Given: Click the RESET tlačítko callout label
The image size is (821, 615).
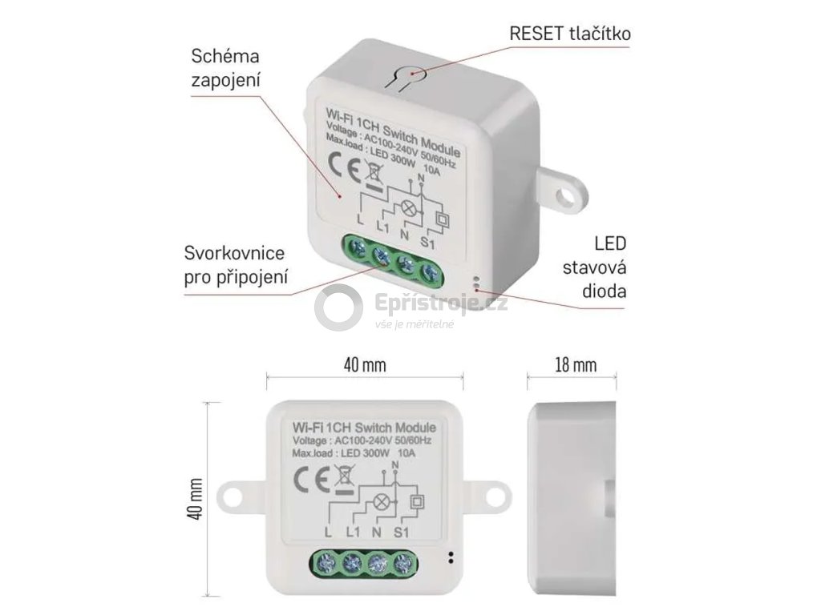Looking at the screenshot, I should point(570,34).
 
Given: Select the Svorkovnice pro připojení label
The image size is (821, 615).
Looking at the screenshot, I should point(235,265).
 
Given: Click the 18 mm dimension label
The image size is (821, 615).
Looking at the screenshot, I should point(575,365).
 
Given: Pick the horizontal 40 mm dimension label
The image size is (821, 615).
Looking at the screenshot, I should point(365,365).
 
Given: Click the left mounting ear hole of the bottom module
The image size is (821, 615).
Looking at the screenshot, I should point(233,497).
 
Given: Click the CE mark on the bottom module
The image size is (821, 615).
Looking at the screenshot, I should point(309,480).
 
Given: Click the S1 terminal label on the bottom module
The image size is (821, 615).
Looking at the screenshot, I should point(402,532).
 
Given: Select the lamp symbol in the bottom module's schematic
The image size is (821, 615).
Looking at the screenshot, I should point(383,503).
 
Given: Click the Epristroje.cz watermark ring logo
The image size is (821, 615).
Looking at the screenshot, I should point(338,307).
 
